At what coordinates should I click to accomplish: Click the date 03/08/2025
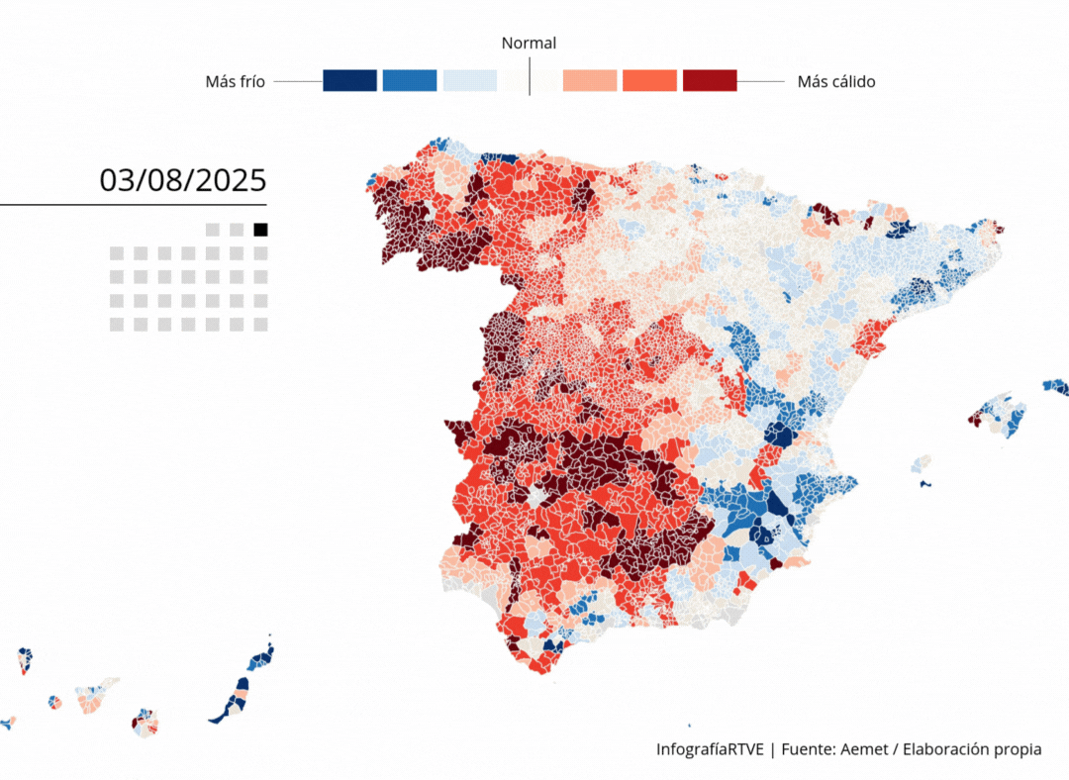tap(183, 180)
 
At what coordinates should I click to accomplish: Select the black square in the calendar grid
tap(260, 230)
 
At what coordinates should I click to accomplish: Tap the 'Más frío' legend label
tap(235, 82)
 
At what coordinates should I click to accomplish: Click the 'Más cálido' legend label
tap(836, 82)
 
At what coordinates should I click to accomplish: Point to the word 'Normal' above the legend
tap(529, 43)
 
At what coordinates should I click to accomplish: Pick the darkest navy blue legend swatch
tap(349, 81)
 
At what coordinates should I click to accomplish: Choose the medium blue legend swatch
tap(410, 81)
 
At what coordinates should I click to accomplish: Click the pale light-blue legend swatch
tap(469, 81)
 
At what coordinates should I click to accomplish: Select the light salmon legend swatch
tap(590, 81)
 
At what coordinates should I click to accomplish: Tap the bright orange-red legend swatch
tap(649, 81)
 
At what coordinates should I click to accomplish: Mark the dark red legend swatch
tap(710, 81)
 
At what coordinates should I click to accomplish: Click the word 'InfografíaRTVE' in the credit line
tap(710, 749)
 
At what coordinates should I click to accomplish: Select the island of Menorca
tap(1056, 387)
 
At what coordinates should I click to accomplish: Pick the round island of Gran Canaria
tap(145, 722)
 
